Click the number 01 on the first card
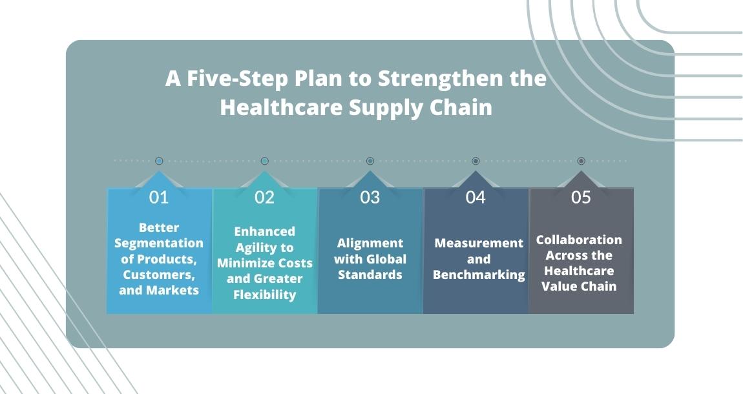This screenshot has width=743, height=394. tap(159, 197)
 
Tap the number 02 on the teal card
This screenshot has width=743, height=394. tap(264, 197)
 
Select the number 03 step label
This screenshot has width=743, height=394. tap(370, 197)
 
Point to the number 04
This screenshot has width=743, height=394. tap(476, 197)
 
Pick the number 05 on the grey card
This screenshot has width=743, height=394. tap(581, 197)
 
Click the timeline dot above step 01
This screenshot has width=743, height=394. tap(159, 161)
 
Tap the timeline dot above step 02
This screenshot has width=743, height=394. tap(264, 161)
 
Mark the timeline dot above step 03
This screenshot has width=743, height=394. tap(370, 161)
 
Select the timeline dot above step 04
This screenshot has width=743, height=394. tap(476, 161)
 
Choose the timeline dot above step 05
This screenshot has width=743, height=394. tap(581, 161)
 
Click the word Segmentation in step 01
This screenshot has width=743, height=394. tap(159, 243)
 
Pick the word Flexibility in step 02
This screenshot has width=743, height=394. tap(264, 295)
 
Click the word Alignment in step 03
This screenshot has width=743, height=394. tap(370, 243)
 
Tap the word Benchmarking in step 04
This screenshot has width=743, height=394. tap(479, 275)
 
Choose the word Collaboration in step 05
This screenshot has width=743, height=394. tap(579, 240)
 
